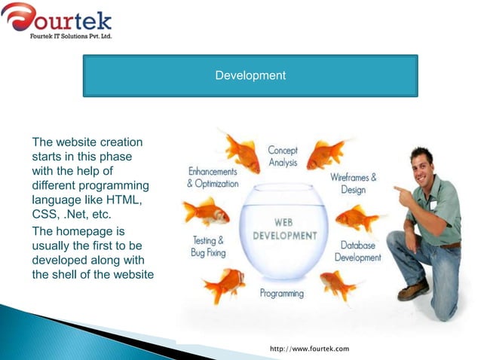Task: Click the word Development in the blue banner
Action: (250, 75)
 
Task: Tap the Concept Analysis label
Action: (283, 157)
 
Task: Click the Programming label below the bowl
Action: (281, 293)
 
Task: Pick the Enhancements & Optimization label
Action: (213, 178)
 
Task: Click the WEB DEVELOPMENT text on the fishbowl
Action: (283, 229)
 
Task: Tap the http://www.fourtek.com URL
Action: (309, 349)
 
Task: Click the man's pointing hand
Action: (402, 197)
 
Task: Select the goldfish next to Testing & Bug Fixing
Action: (224, 285)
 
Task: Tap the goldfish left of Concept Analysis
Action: (242, 153)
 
